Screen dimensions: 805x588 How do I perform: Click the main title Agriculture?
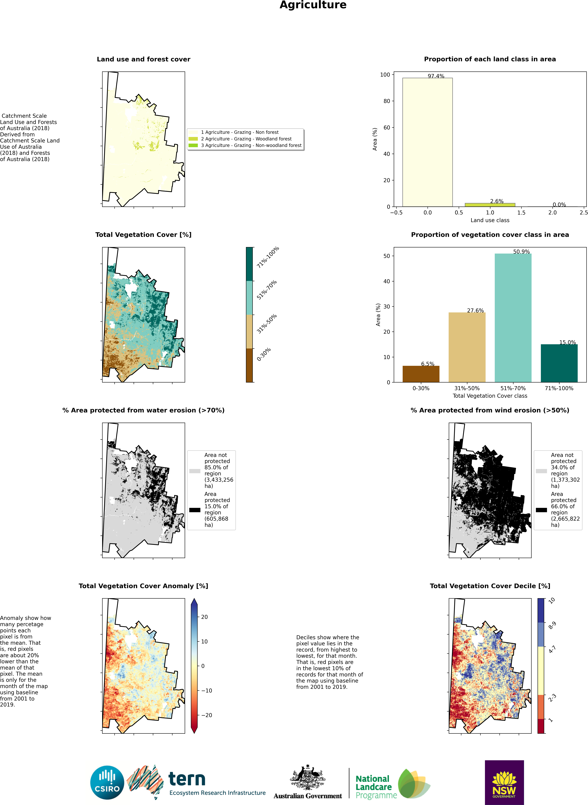point(313,5)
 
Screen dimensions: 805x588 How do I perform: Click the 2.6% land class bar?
point(490,205)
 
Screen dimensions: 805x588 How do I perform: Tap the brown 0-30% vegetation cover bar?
point(421,374)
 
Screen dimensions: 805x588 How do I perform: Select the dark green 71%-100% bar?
point(559,363)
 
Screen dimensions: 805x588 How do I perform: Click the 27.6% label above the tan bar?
point(475,311)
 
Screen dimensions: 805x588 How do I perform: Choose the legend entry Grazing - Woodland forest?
point(246,139)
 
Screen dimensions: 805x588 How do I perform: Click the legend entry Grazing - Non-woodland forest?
point(251,145)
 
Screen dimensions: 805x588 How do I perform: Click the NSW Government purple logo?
point(504,782)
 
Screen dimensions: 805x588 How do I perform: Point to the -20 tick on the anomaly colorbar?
point(206,715)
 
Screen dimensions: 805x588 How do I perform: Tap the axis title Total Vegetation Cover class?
point(490,396)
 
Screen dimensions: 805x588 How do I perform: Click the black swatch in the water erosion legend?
point(195,510)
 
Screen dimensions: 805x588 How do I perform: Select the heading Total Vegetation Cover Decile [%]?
point(490,586)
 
